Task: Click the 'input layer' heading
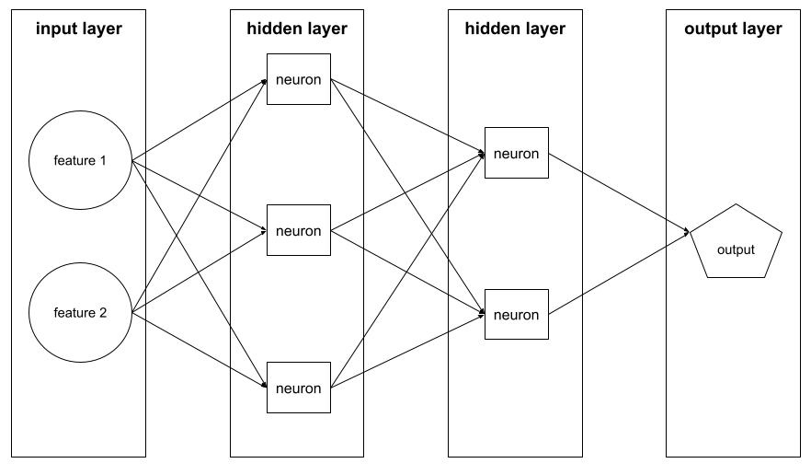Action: click(79, 29)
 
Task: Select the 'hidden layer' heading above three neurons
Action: click(297, 29)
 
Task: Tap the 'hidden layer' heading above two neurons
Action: click(515, 29)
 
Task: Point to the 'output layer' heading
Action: click(733, 29)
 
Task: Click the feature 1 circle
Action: click(80, 161)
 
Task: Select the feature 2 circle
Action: click(80, 313)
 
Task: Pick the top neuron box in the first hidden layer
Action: click(299, 79)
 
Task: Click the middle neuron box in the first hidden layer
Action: click(299, 230)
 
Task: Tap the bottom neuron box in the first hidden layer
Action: click(299, 388)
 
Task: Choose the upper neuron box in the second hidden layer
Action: click(516, 153)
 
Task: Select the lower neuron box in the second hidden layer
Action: click(516, 315)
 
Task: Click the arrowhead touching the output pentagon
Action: click(686, 233)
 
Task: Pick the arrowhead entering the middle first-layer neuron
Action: click(263, 230)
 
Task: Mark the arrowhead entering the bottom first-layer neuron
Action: click(263, 388)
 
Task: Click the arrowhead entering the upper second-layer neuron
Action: click(481, 155)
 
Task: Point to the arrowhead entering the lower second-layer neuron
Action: click(481, 314)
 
